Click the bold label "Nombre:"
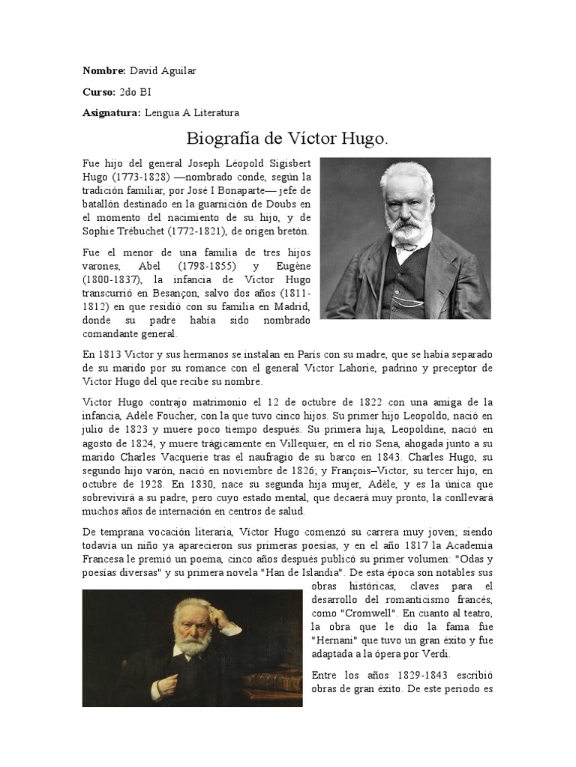click(103, 70)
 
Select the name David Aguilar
click(163, 70)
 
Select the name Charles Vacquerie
click(160, 458)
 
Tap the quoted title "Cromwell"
click(355, 613)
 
